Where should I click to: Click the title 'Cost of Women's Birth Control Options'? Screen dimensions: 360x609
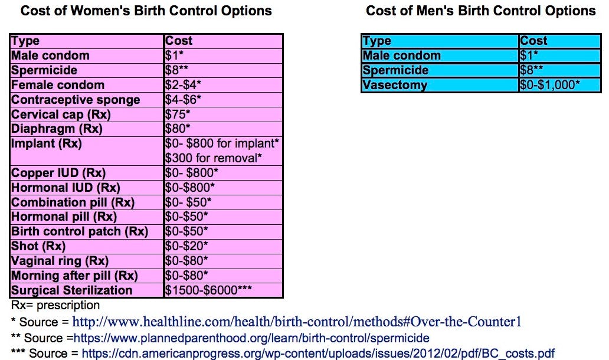(x=138, y=11)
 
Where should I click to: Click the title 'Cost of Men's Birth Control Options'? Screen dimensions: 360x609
(x=480, y=11)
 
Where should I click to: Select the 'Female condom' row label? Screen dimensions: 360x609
(x=58, y=85)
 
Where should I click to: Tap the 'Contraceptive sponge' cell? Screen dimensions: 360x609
(x=76, y=100)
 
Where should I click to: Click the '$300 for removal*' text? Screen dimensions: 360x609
(x=214, y=158)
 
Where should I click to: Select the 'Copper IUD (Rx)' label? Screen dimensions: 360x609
(x=58, y=173)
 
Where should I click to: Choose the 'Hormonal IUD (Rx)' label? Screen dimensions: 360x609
(x=66, y=188)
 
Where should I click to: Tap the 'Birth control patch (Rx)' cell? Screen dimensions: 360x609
(x=80, y=231)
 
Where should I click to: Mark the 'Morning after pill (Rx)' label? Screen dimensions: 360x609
(x=74, y=276)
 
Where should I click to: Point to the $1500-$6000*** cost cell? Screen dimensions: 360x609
(x=209, y=290)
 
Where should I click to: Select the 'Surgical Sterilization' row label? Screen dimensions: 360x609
(x=72, y=290)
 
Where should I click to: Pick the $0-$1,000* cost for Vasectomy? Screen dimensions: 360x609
(x=550, y=85)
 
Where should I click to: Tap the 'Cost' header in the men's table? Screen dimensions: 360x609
(x=533, y=41)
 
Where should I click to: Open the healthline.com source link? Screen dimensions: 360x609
(x=297, y=322)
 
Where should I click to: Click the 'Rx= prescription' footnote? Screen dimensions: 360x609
(x=55, y=306)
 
